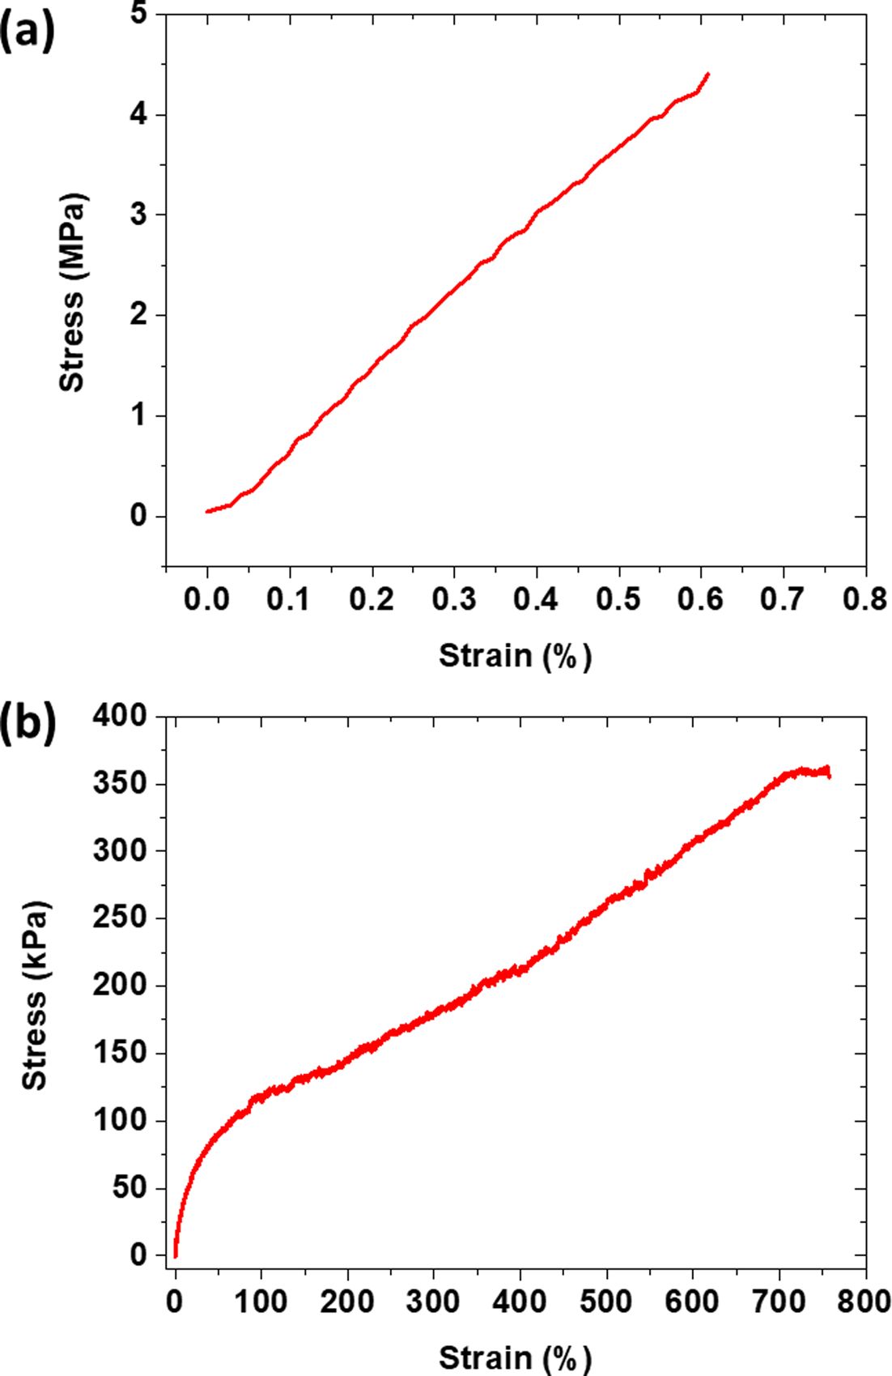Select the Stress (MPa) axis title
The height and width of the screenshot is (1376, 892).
73,292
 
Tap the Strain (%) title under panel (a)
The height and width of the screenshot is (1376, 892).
516,655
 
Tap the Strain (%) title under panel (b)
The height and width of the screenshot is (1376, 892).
516,1357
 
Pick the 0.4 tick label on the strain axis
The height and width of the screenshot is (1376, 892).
537,599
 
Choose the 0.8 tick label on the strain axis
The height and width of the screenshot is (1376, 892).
865,599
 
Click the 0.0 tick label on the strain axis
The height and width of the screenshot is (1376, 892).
207,599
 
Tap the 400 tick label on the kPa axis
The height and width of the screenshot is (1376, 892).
121,716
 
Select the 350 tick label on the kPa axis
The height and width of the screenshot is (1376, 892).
121,784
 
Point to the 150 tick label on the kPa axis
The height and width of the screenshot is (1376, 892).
121,1053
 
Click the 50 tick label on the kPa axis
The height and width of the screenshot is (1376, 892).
130,1188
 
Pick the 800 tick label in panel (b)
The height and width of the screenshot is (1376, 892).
863,1301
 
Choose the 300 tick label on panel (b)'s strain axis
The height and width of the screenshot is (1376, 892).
434,1301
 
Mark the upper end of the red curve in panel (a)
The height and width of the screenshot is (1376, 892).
708,74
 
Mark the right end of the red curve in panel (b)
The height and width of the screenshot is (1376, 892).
829,776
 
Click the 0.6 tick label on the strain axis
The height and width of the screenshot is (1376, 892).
701,599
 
